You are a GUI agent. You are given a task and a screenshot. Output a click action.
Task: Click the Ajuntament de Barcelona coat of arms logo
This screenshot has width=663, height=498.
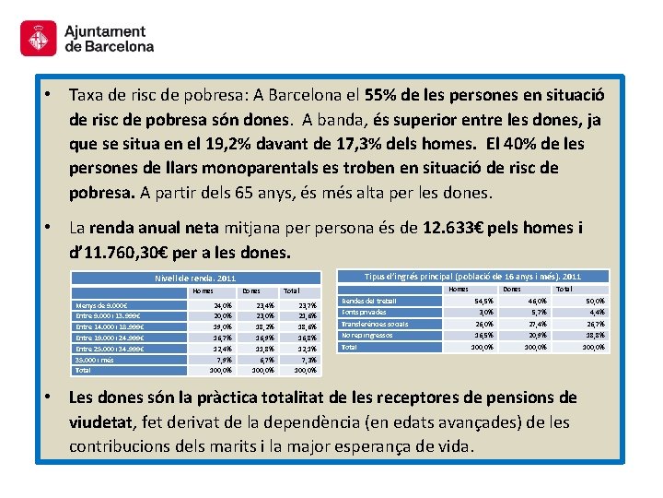(x=38, y=39)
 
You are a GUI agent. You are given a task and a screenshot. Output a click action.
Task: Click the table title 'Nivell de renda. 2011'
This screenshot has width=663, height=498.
(x=194, y=278)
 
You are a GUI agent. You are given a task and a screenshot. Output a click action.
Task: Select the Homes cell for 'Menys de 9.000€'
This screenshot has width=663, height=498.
(x=222, y=305)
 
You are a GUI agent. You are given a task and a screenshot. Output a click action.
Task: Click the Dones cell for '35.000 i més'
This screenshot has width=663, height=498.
(x=263, y=359)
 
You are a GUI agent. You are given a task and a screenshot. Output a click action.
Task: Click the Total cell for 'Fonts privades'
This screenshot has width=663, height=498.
(x=596, y=313)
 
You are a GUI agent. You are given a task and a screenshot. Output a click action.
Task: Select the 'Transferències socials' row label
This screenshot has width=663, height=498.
(x=375, y=324)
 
